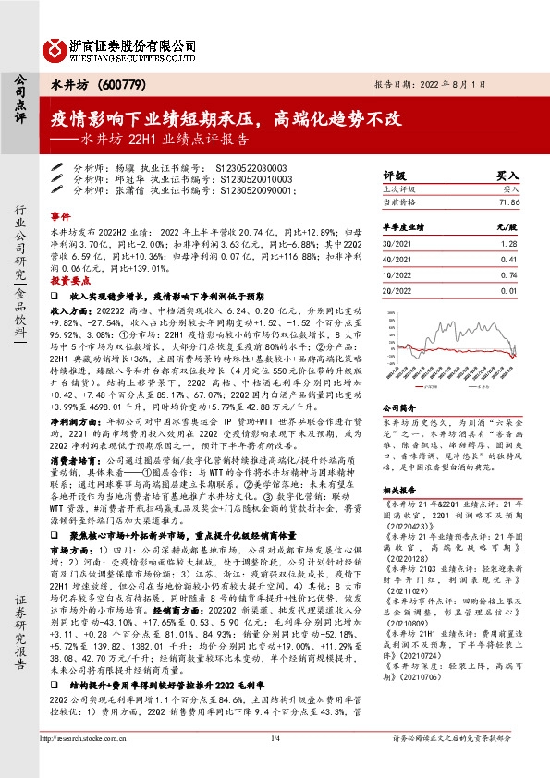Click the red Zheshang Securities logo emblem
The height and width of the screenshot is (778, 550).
click(57, 46)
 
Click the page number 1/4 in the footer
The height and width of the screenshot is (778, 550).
click(275, 765)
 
